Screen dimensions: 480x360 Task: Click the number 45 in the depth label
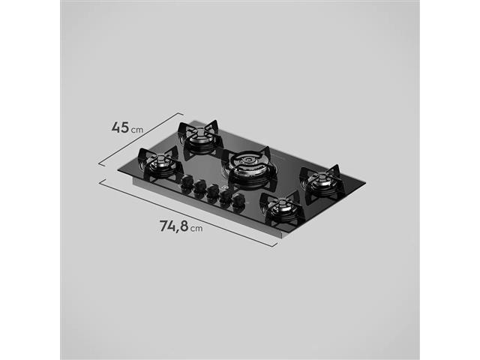[x=120, y=127]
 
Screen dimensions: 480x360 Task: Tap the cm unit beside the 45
[x=137, y=130]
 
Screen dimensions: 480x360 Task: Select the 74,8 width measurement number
[x=173, y=226]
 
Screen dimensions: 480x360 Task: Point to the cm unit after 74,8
[x=196, y=228]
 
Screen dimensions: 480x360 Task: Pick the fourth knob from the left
[x=225, y=196]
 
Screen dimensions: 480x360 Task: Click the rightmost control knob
[x=238, y=201]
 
